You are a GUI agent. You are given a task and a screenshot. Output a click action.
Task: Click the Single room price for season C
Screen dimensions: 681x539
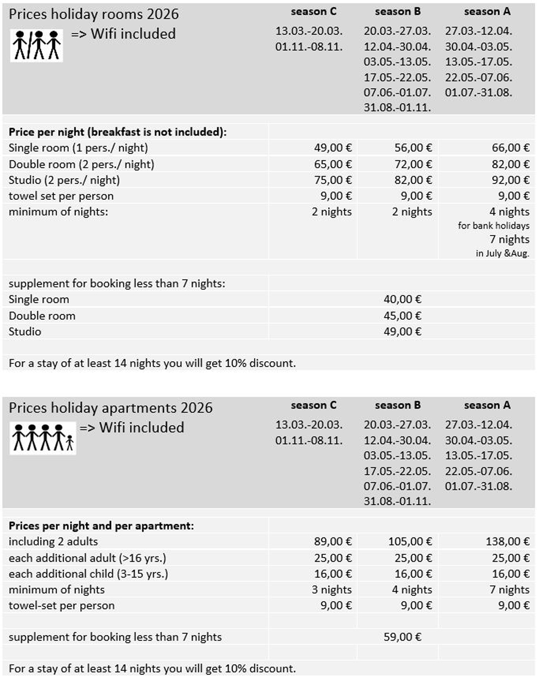(x=333, y=148)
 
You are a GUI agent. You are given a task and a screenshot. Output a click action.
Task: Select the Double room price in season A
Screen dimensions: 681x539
(x=510, y=164)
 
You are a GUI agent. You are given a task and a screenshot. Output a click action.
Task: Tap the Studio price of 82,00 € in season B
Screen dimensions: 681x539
(x=413, y=180)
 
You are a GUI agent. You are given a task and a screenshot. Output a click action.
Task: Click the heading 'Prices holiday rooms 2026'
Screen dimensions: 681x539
(x=94, y=14)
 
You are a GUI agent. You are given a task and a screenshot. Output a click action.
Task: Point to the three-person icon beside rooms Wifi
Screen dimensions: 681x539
(x=37, y=45)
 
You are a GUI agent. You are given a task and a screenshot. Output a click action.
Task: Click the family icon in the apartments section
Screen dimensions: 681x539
(x=43, y=438)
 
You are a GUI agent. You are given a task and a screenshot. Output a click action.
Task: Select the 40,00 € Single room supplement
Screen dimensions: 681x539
(x=402, y=299)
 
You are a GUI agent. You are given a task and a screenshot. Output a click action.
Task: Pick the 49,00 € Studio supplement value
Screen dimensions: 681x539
(x=402, y=331)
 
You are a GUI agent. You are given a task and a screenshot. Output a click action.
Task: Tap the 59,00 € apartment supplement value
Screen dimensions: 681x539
(x=402, y=637)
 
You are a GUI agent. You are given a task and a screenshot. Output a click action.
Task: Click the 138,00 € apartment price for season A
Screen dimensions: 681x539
(x=507, y=541)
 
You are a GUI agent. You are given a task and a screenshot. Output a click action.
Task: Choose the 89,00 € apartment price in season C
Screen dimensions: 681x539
(x=333, y=541)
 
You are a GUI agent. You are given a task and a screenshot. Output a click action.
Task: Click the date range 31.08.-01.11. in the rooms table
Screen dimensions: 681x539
(x=397, y=107)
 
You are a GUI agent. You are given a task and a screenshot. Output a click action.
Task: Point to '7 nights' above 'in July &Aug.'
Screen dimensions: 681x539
(x=509, y=239)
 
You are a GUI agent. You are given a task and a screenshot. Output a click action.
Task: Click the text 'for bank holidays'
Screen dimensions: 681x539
(x=493, y=226)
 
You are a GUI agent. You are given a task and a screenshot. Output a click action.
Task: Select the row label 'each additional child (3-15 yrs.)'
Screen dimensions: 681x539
(x=88, y=574)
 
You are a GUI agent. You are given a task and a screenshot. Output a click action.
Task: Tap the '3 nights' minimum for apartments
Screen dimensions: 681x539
(x=331, y=589)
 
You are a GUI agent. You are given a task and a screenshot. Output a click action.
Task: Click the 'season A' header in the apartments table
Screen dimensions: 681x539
(x=487, y=405)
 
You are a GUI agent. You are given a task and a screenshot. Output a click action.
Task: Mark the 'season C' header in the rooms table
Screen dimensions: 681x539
(x=313, y=11)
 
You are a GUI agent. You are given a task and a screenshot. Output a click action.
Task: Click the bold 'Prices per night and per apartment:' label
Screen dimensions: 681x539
(x=101, y=525)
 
